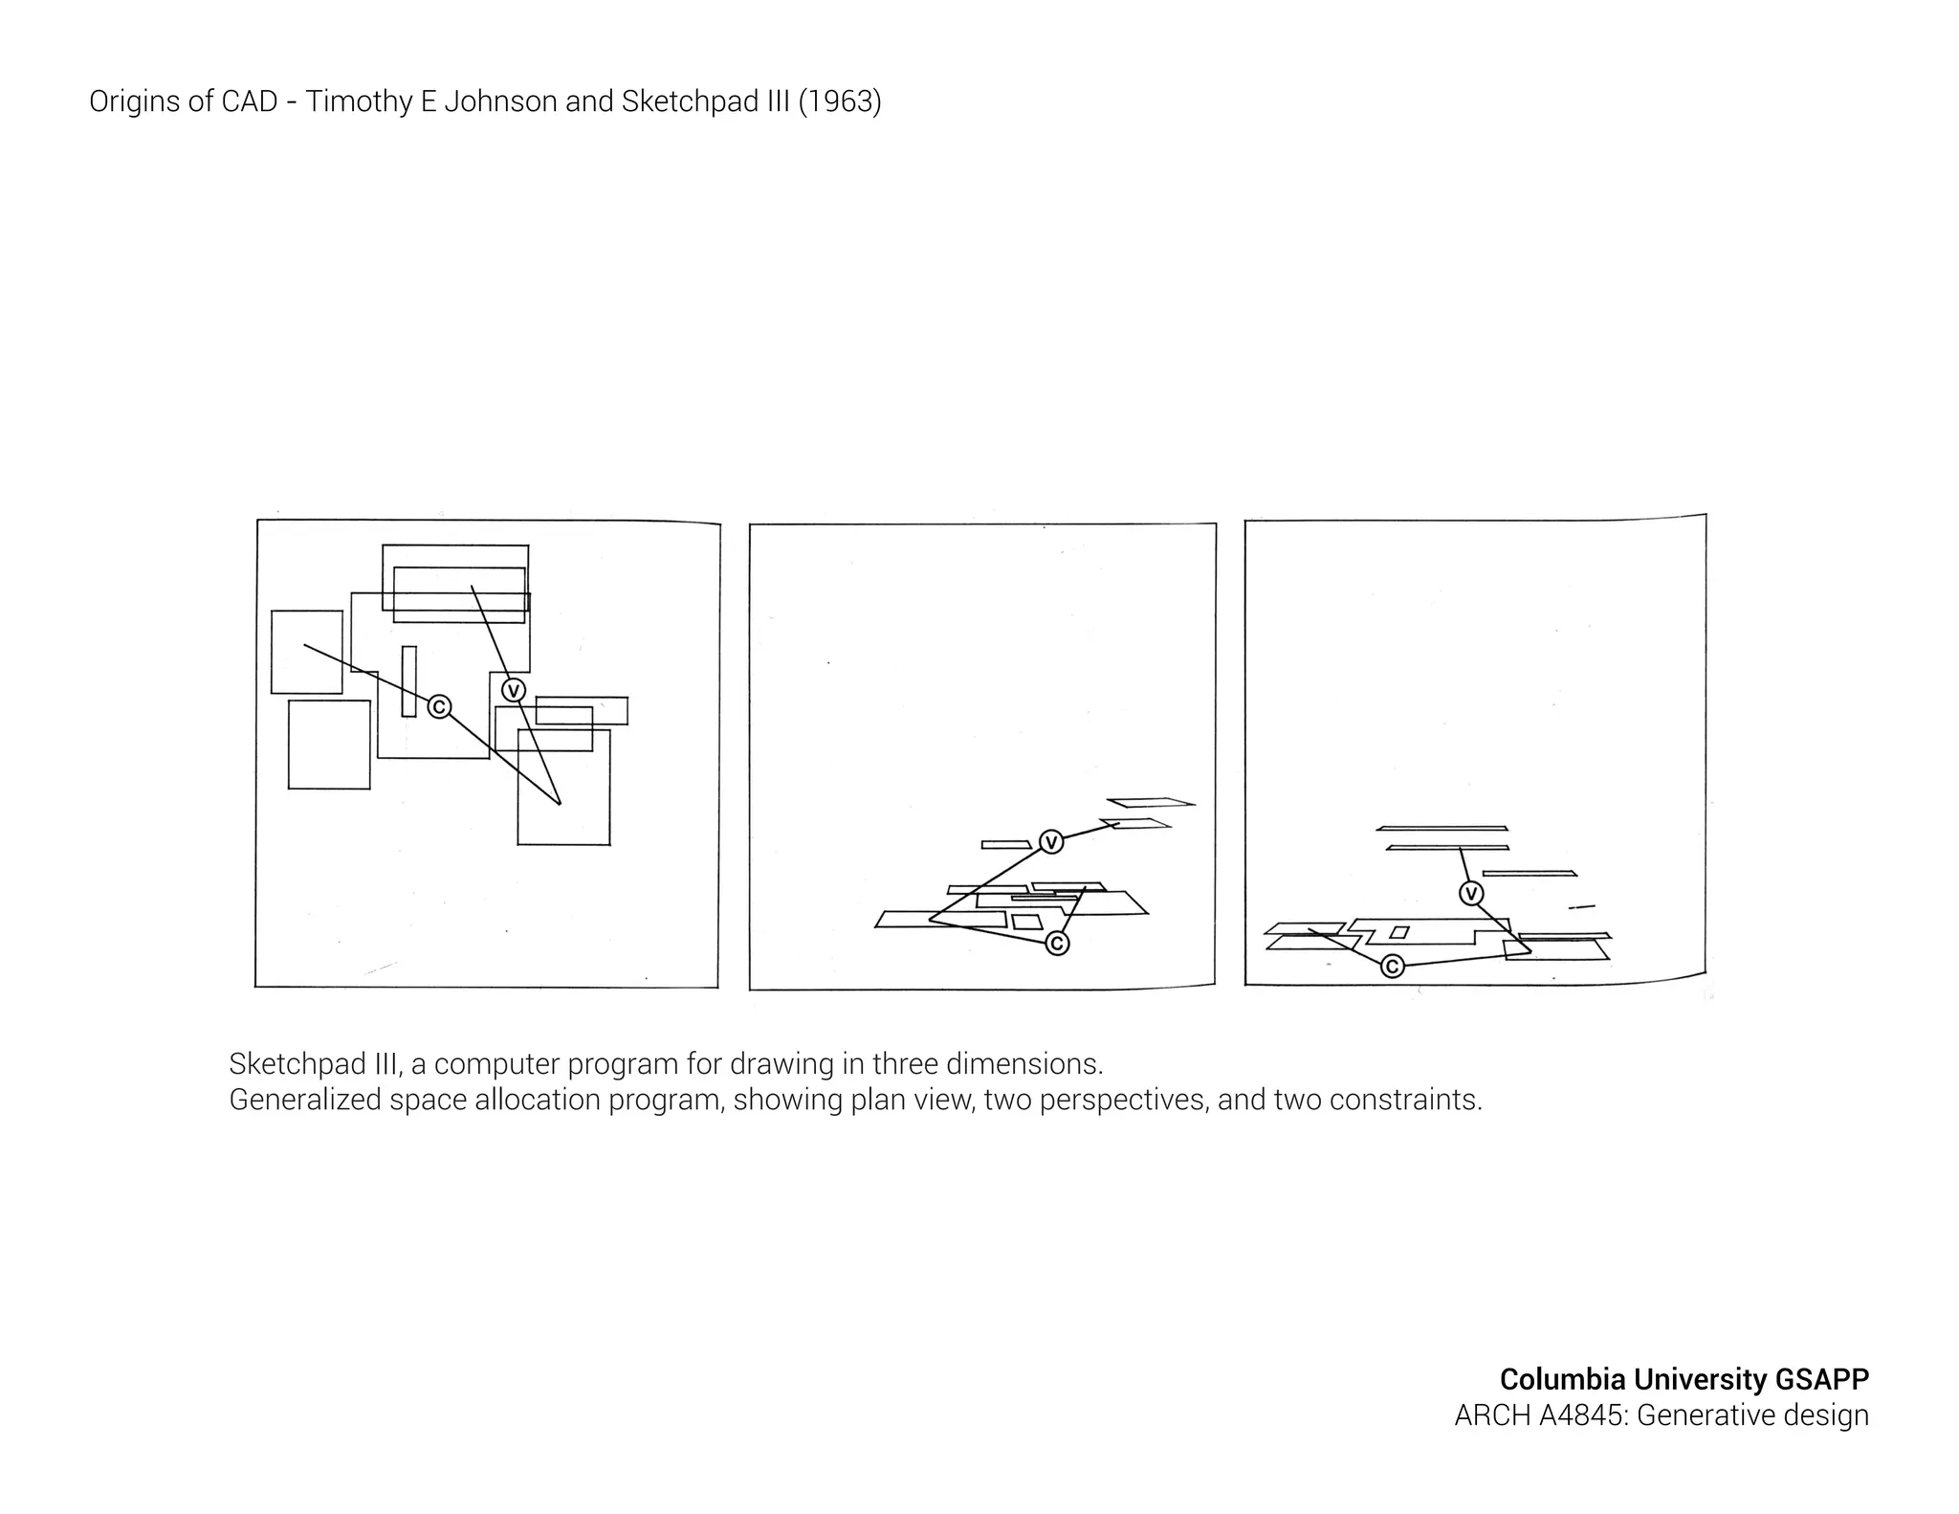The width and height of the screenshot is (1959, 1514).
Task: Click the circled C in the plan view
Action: coord(439,706)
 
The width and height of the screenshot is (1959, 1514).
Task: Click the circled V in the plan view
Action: coord(514,690)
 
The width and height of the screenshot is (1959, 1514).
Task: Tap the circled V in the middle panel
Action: coord(1051,842)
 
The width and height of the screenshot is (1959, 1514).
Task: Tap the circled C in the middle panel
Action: coord(1057,944)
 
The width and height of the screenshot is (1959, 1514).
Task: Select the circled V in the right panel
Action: coord(1471,894)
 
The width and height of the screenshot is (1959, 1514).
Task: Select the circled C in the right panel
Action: coord(1393,967)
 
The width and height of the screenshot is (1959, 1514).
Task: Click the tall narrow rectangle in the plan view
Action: coord(409,680)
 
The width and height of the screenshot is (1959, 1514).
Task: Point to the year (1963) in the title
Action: coord(839,101)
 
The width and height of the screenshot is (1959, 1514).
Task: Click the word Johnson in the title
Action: coord(501,101)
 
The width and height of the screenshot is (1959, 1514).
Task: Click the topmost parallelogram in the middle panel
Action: coord(1151,802)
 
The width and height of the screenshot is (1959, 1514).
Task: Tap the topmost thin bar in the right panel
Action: coord(1442,828)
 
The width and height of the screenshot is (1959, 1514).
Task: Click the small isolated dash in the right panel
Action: coord(1582,906)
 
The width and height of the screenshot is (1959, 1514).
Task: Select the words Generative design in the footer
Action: coord(1752,1414)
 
